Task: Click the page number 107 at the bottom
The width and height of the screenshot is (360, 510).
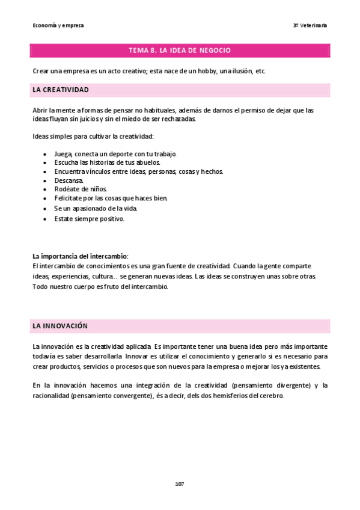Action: click(180, 484)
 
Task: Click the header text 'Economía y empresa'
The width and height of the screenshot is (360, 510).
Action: click(58, 25)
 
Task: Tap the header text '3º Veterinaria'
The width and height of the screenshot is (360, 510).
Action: click(310, 25)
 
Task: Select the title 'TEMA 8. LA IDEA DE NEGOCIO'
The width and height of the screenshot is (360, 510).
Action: click(180, 51)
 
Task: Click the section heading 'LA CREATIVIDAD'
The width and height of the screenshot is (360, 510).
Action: click(61, 90)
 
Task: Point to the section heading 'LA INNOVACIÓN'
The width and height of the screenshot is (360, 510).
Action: click(60, 326)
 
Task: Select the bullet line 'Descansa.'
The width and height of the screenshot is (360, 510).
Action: click(69, 180)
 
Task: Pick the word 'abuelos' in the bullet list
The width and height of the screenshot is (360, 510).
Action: click(147, 162)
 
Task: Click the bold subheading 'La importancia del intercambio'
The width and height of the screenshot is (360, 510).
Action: click(80, 256)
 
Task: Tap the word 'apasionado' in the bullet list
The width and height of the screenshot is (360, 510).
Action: click(88, 208)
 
